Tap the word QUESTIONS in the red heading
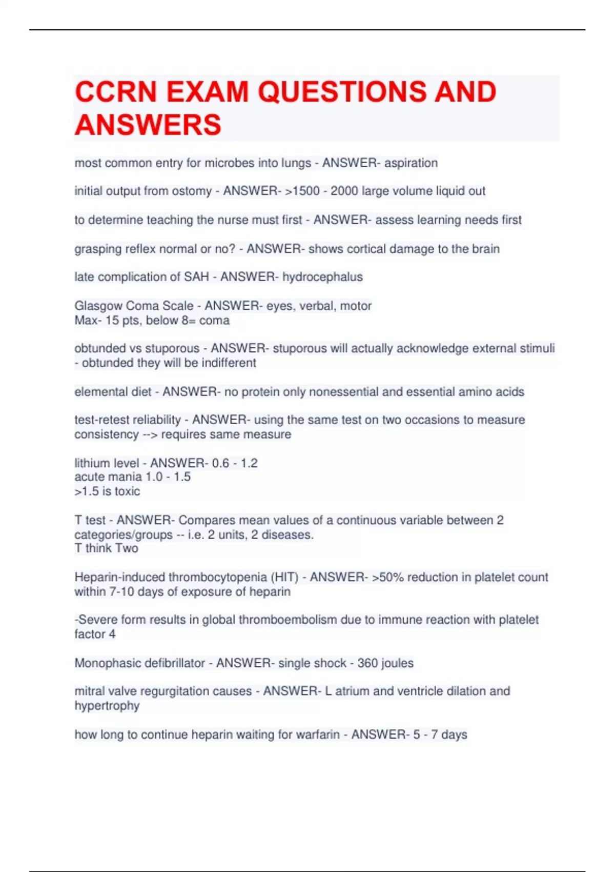(342, 92)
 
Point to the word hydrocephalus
(322, 277)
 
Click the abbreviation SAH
(196, 277)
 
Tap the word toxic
(127, 491)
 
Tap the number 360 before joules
(367, 663)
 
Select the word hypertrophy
(107, 706)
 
